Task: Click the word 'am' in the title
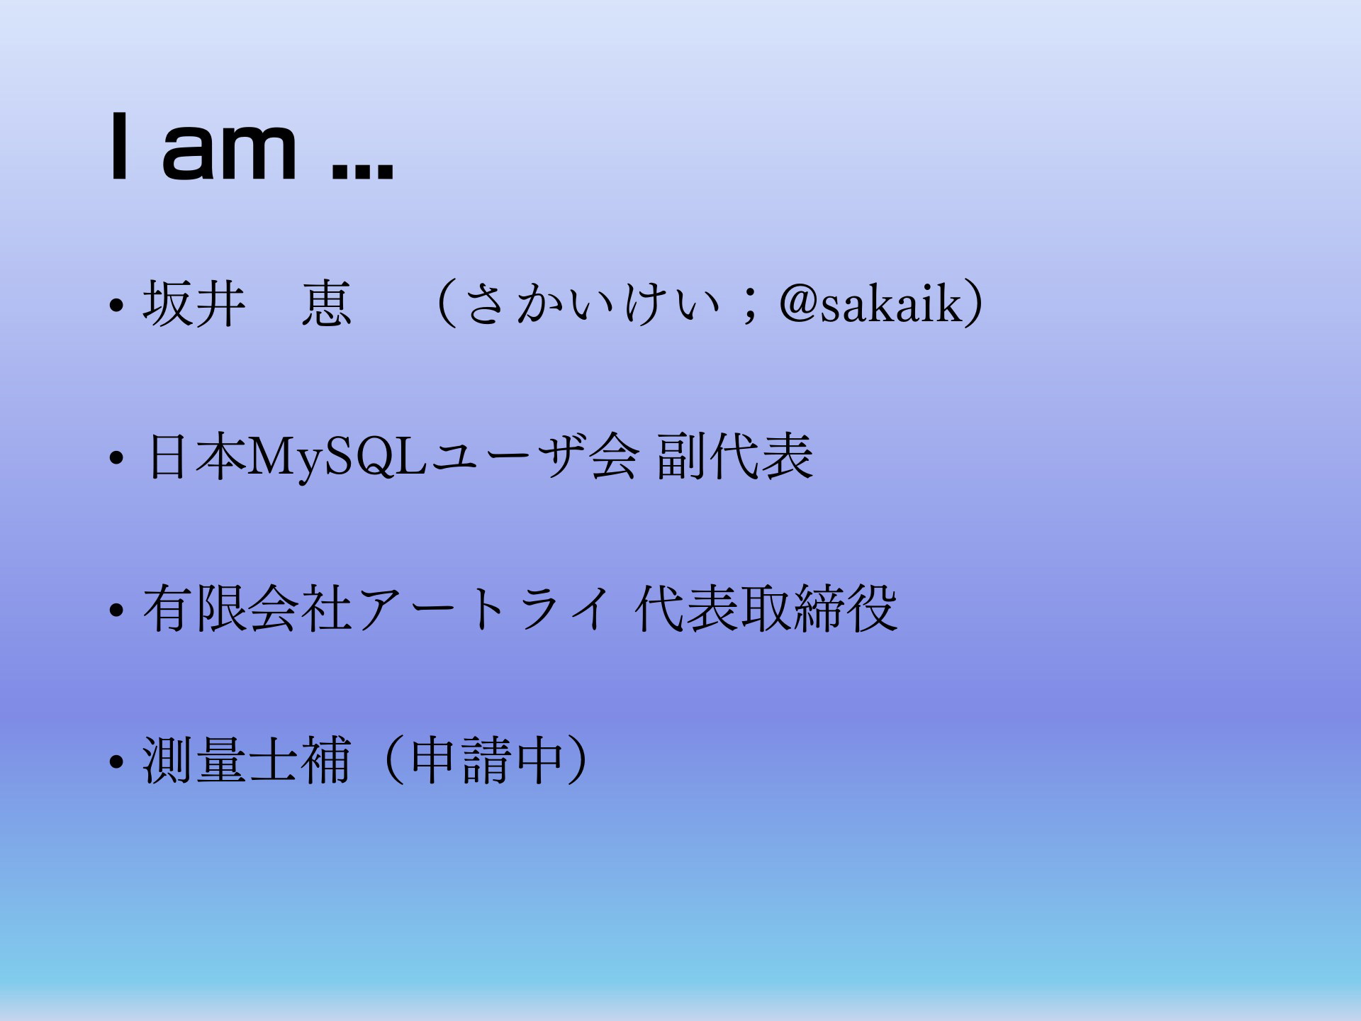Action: pos(229,150)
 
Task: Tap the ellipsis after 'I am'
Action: pos(362,172)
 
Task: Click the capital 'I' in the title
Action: pos(120,147)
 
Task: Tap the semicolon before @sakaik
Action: pos(749,308)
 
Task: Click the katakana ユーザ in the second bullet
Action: pos(505,457)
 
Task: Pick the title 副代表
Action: pos(734,457)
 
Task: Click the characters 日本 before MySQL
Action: pos(195,457)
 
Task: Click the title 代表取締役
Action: pos(766,608)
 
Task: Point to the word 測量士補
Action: pos(247,760)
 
